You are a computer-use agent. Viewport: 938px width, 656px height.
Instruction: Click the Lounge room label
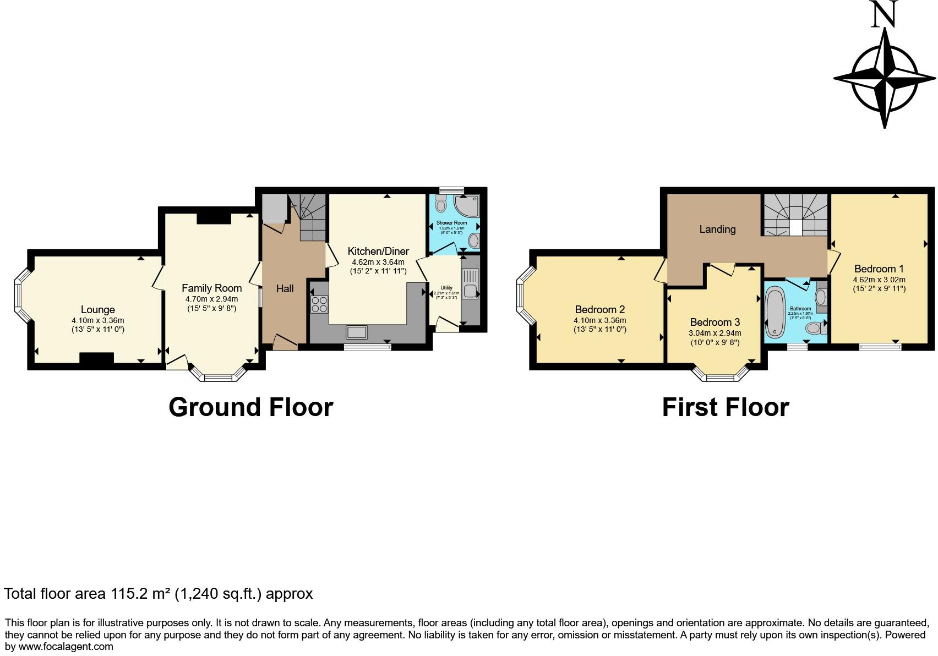tap(97, 310)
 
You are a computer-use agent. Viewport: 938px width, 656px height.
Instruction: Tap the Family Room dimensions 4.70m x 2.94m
tap(211, 299)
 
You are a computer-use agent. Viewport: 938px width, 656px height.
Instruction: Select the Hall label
tap(285, 288)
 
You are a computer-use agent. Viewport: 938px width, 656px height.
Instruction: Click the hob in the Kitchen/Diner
tap(319, 304)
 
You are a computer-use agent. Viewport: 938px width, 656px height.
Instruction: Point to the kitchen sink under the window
tap(357, 332)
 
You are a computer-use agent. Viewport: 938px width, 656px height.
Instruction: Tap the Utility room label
tap(446, 288)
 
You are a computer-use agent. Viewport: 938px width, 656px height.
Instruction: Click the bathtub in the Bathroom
tap(776, 312)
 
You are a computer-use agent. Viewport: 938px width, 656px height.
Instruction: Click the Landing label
tap(717, 229)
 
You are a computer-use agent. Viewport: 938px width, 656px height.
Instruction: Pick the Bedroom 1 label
tap(879, 269)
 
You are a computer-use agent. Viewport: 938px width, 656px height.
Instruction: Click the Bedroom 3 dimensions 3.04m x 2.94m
tap(715, 333)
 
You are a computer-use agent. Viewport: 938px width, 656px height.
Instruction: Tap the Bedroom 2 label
tap(599, 309)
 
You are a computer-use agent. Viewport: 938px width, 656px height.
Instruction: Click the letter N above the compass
tap(884, 15)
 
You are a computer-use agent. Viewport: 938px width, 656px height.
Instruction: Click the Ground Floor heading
tap(250, 407)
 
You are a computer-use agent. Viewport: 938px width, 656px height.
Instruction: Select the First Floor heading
tap(725, 407)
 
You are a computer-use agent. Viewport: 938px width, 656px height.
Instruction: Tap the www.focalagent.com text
tap(66, 646)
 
